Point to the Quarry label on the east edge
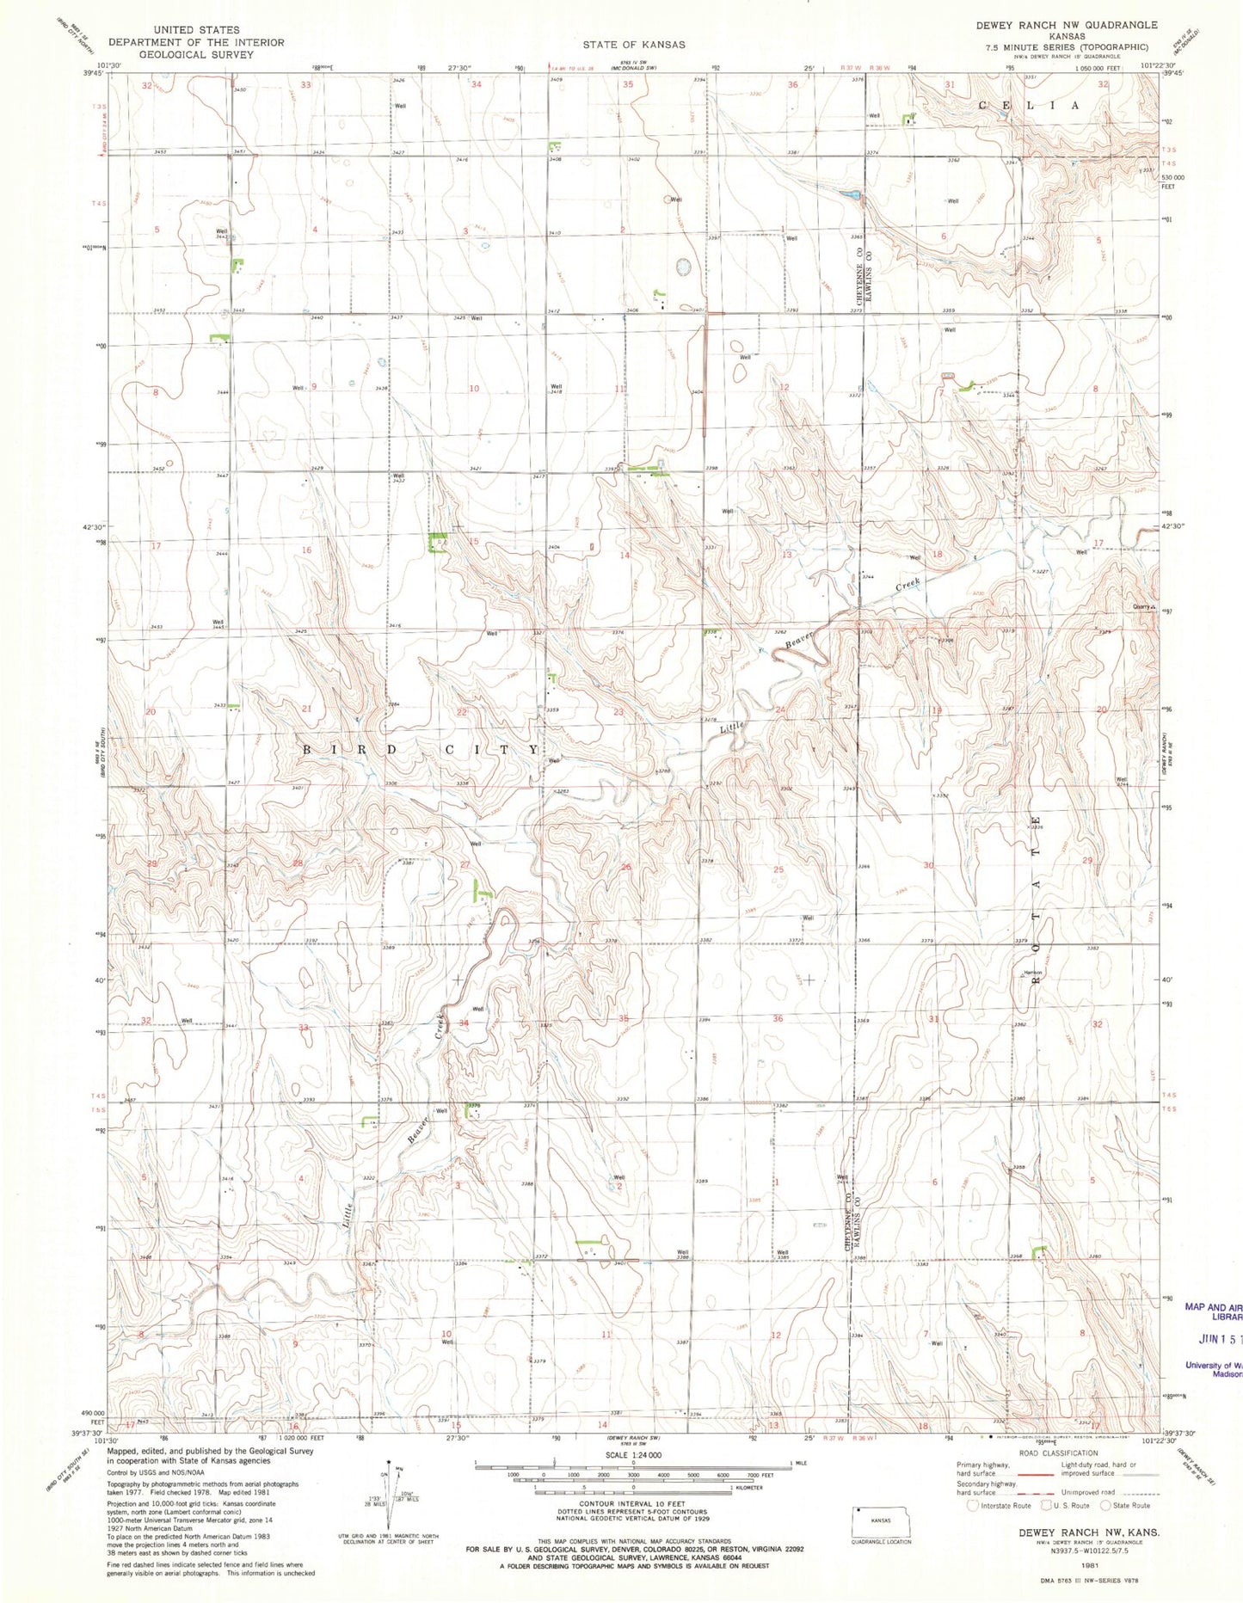click(x=1141, y=605)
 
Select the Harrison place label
click(x=1033, y=972)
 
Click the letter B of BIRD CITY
click(x=306, y=749)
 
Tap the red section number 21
click(x=306, y=708)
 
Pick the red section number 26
click(x=626, y=867)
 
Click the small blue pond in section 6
click(x=851, y=195)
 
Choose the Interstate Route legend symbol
click(x=972, y=1505)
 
